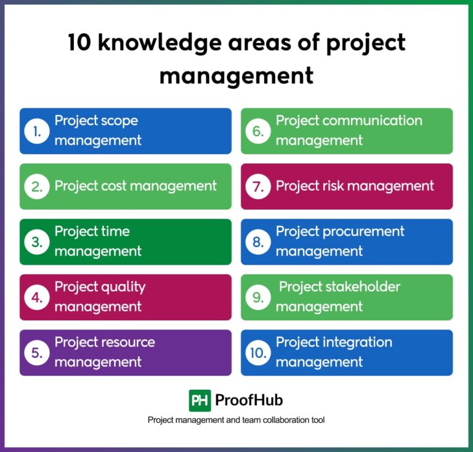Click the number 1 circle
pos(36,131)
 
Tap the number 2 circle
pos(36,187)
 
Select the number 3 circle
pos(36,242)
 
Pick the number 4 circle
pos(36,297)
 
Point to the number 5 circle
pos(36,353)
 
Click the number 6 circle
pos(257,131)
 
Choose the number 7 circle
pos(257,187)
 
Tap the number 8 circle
pos(257,242)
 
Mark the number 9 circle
pos(257,297)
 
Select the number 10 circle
pos(257,353)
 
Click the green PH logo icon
pos(200,400)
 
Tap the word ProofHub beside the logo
pos(249,400)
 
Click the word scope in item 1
pos(118,121)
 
